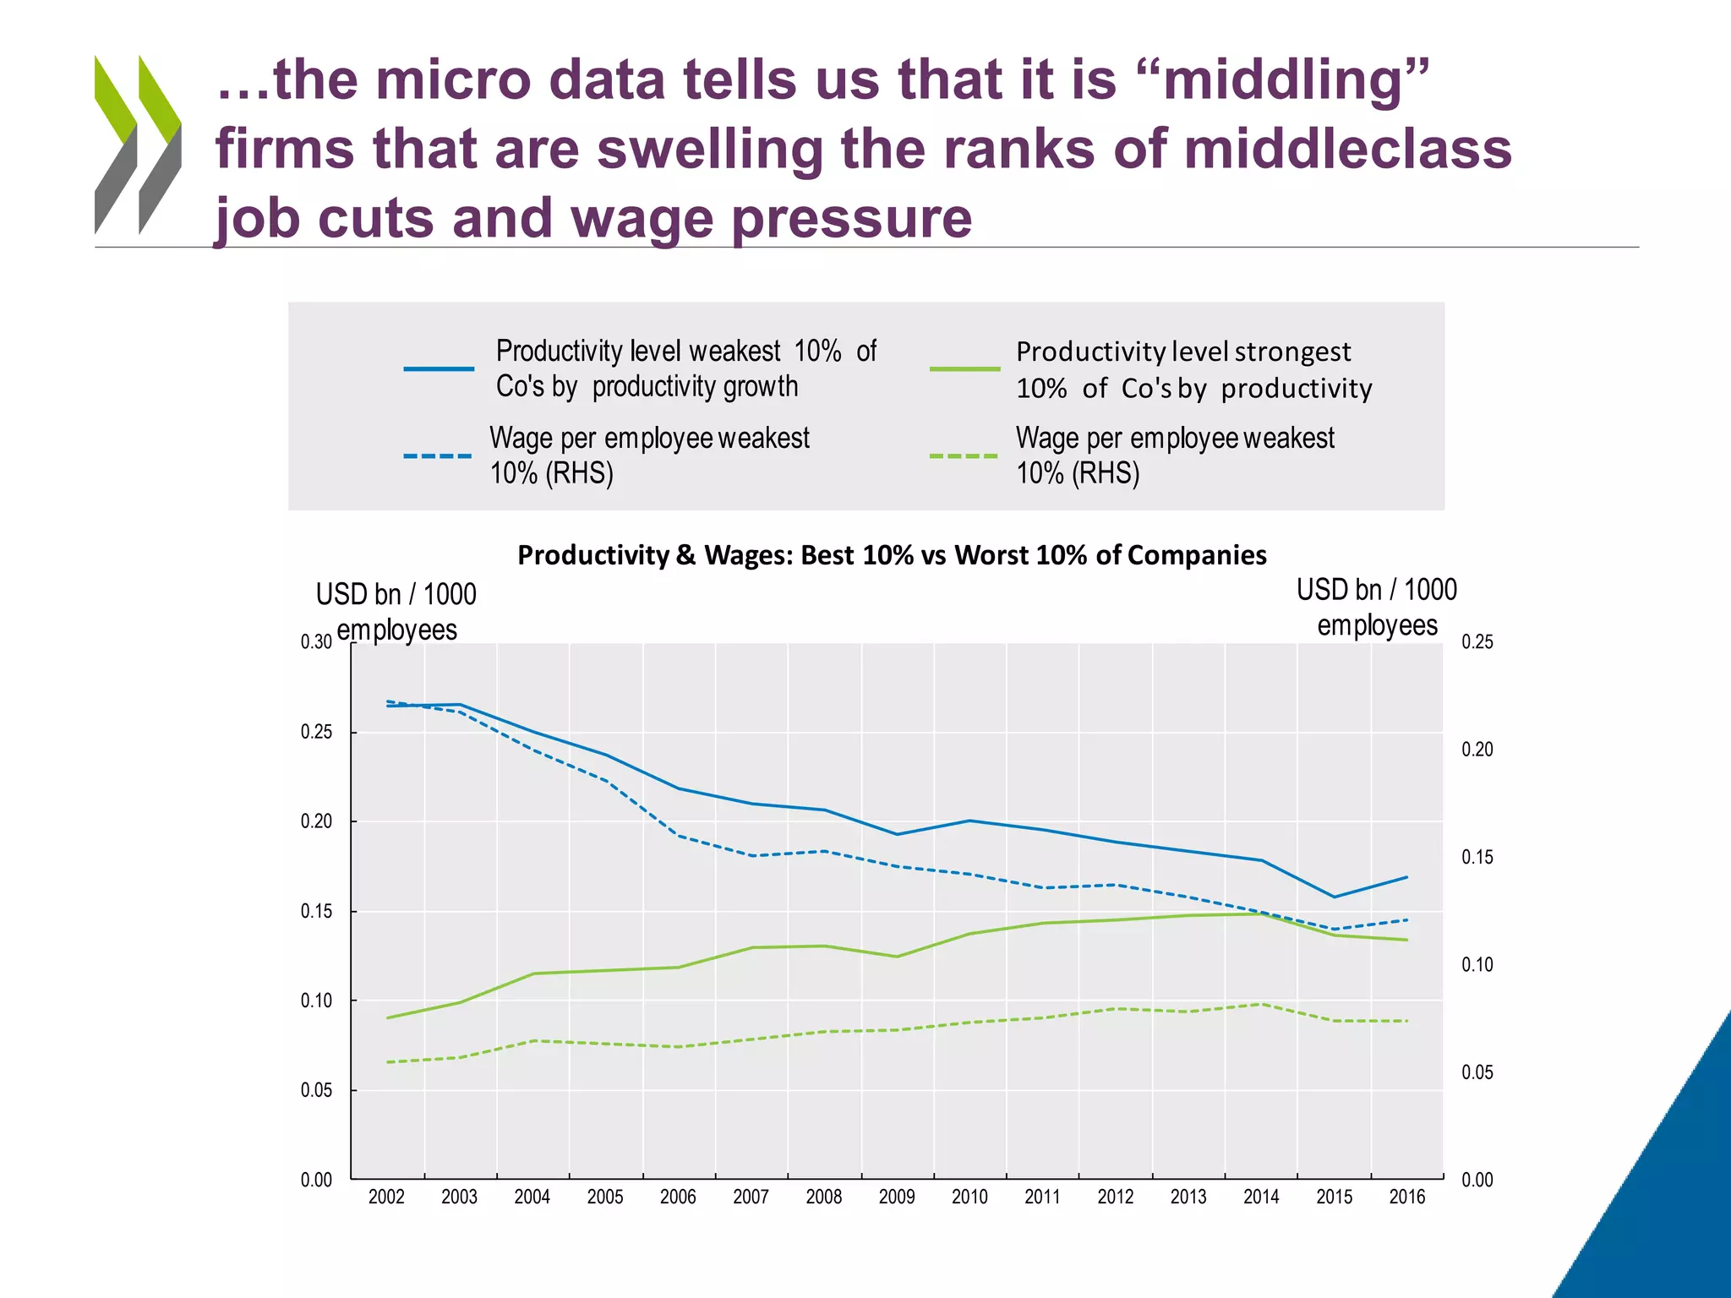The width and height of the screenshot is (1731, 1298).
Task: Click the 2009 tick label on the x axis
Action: pyautogui.click(x=897, y=1197)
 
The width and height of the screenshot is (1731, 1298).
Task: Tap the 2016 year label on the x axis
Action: pyautogui.click(x=1407, y=1197)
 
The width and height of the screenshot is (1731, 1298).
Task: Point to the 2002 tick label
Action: pyautogui.click(x=386, y=1197)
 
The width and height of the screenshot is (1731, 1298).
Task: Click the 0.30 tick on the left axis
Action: pyautogui.click(x=316, y=642)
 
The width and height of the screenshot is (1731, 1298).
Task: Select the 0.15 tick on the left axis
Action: pyautogui.click(x=316, y=911)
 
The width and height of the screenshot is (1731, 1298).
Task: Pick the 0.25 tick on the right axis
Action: pyautogui.click(x=1477, y=642)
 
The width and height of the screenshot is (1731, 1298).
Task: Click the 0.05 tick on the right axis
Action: pyautogui.click(x=1477, y=1072)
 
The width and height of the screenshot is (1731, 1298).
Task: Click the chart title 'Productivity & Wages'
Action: pyautogui.click(x=892, y=555)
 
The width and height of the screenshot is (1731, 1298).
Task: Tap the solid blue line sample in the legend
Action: pyautogui.click(x=439, y=369)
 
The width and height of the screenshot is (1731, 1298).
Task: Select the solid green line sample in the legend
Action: pyautogui.click(x=964, y=369)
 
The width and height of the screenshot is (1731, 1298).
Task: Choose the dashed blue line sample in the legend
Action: pyautogui.click(x=438, y=456)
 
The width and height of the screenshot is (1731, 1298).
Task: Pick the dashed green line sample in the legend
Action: pyautogui.click(x=964, y=456)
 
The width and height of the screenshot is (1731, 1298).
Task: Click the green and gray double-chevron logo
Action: pyautogui.click(x=138, y=145)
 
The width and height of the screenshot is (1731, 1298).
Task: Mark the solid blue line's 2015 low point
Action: pyautogui.click(x=1334, y=897)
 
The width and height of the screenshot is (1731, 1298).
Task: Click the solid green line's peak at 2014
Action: pyautogui.click(x=1261, y=914)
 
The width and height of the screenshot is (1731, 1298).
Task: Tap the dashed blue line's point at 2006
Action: pyautogui.click(x=679, y=836)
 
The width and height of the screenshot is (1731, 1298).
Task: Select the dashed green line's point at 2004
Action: pyautogui.click(x=533, y=1040)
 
